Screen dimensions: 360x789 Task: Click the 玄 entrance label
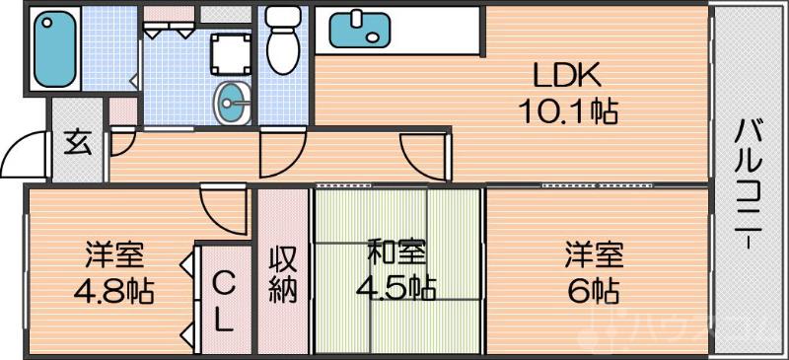click(77, 143)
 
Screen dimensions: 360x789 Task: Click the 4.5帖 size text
click(396, 288)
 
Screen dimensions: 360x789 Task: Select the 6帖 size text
click(592, 290)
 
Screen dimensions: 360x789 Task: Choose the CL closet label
click(224, 301)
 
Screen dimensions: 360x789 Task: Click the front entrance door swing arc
click(26, 154)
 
